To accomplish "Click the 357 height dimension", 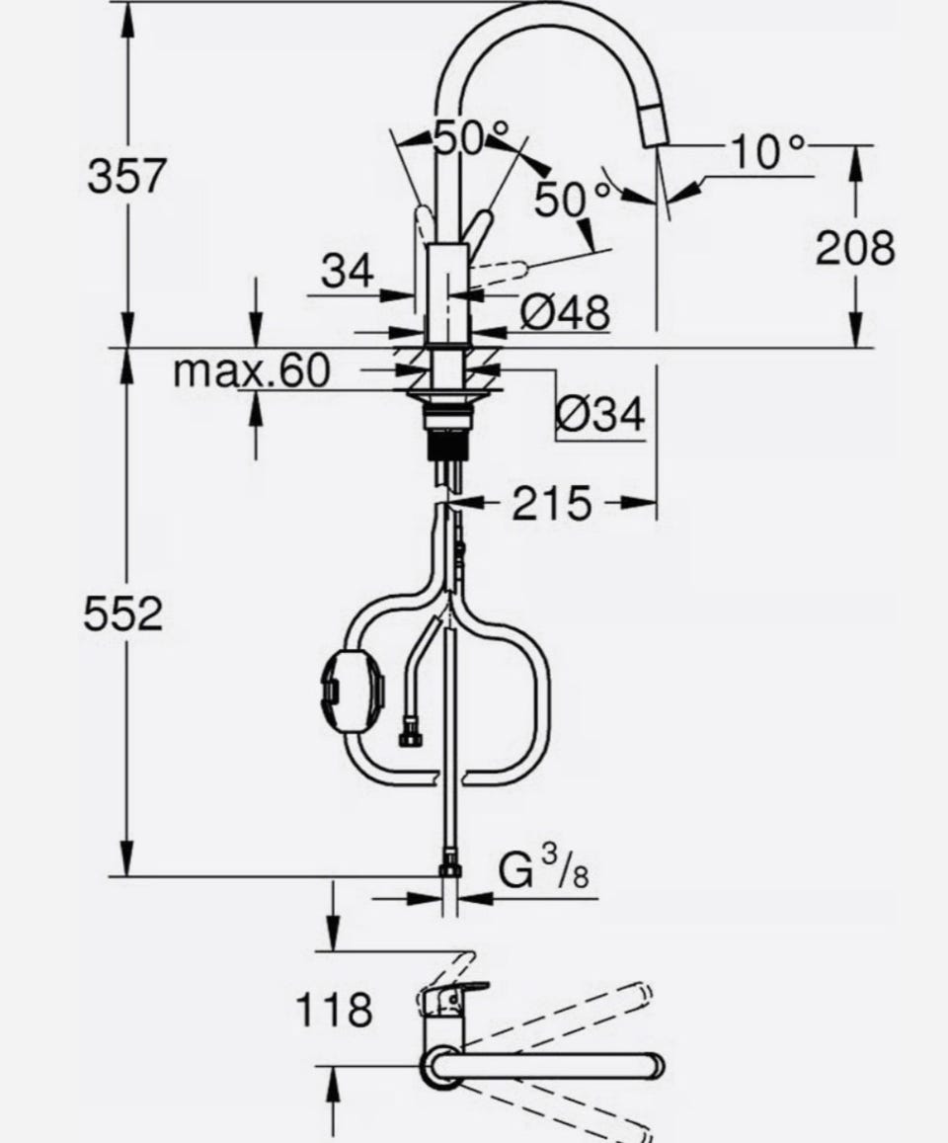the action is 126,177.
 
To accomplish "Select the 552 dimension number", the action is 123,613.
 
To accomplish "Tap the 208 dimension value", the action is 855,247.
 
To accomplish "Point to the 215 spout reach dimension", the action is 551,502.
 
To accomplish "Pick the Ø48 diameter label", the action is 565,313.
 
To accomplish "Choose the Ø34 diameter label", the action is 599,414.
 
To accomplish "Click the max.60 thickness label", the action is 252,370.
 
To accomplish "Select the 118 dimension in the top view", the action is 334,1010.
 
